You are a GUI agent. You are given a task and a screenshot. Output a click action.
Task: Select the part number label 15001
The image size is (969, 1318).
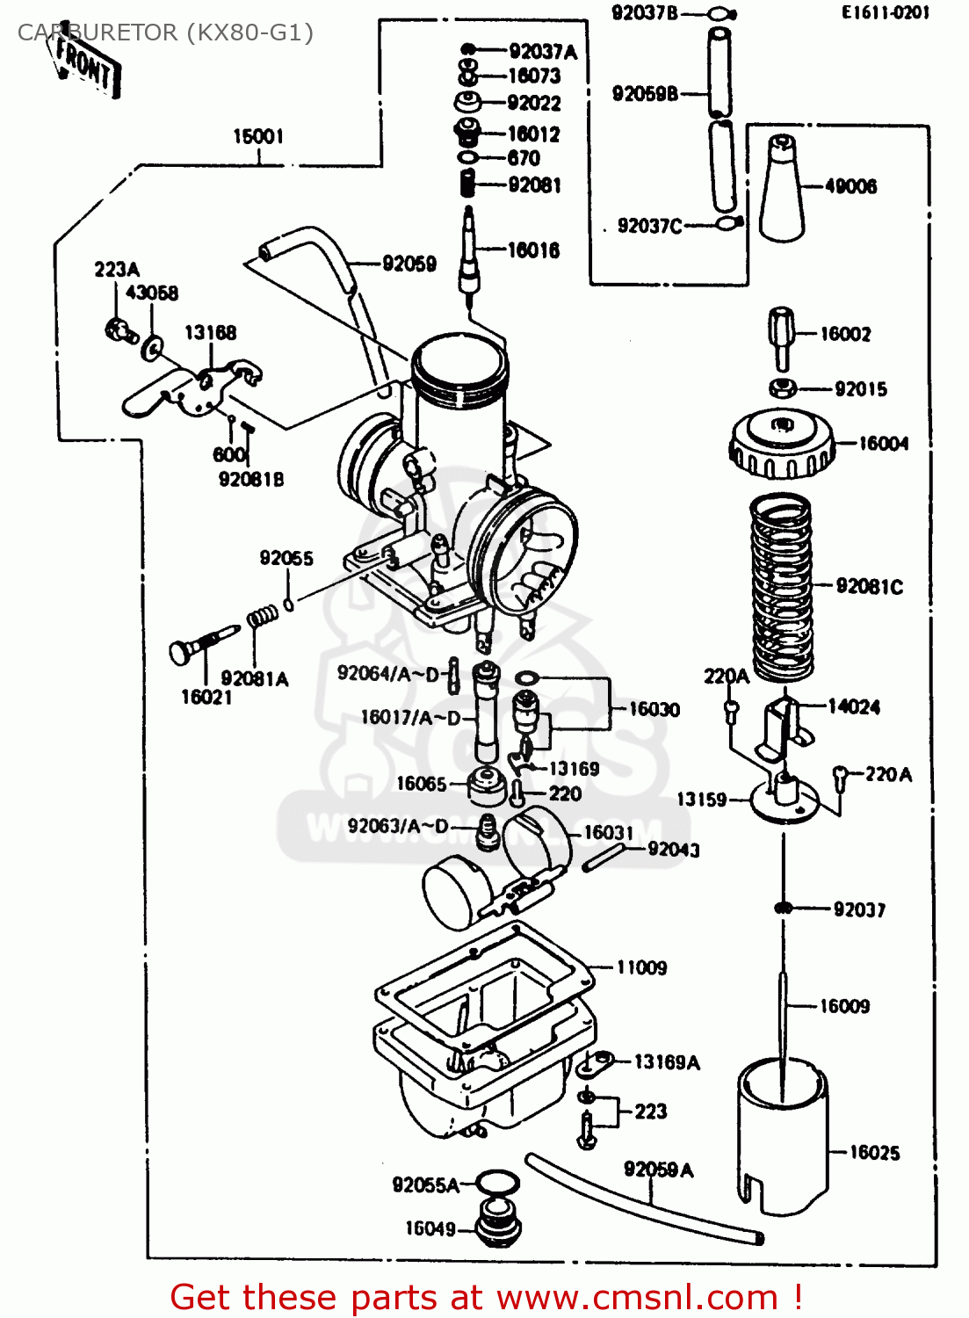pos(258,136)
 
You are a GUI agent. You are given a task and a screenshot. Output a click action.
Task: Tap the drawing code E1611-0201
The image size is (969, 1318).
pos(885,12)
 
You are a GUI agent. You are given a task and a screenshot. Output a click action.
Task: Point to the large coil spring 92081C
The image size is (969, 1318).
pos(780,586)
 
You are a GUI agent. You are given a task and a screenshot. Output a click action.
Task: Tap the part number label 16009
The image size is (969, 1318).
pos(844,1006)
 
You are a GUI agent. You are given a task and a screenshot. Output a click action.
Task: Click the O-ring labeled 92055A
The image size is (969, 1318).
pos(496,1184)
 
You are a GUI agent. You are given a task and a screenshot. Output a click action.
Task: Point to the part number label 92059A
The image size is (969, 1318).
pos(658,1170)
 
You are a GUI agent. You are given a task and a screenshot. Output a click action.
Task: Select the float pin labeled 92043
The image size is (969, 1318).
pos(604,858)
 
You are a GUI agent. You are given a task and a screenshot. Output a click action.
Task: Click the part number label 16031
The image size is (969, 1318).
pos(608,832)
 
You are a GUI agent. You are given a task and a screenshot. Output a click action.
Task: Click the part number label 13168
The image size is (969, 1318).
pos(210,332)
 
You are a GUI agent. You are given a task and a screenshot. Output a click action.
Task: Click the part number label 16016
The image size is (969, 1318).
pos(533,250)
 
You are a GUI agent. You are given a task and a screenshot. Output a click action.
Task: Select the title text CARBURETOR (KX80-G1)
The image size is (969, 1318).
pos(165,33)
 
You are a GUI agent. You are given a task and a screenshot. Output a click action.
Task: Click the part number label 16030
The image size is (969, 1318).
pos(654,709)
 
